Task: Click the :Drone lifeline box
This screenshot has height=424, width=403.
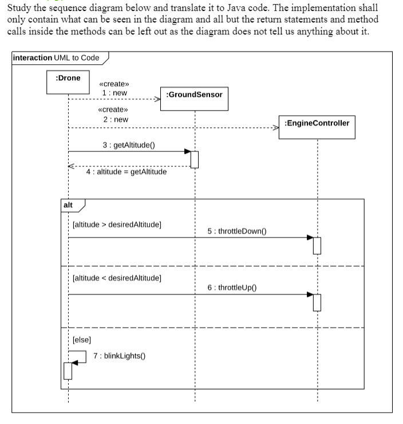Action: (x=68, y=81)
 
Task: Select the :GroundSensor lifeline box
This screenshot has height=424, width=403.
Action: (x=194, y=98)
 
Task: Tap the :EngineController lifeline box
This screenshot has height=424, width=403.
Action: (x=317, y=126)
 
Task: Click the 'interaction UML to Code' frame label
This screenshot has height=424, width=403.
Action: (x=56, y=58)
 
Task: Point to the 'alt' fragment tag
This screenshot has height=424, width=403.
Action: (x=68, y=205)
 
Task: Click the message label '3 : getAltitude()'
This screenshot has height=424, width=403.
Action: (x=128, y=145)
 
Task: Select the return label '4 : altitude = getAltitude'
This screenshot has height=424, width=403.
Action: (x=127, y=172)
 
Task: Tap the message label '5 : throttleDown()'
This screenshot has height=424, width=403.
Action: (x=237, y=232)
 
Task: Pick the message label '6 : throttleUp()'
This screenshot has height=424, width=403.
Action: (x=231, y=287)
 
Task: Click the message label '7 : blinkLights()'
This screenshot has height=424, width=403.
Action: (x=119, y=355)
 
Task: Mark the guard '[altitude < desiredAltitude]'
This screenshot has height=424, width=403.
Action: (x=117, y=278)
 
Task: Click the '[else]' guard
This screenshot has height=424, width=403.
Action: (x=82, y=339)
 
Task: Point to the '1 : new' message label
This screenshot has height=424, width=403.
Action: (x=114, y=92)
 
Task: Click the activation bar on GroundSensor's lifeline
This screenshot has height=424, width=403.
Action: (x=195, y=160)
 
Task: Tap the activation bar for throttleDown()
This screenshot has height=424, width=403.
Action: (x=317, y=245)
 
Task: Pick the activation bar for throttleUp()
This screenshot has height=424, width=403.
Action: (x=317, y=301)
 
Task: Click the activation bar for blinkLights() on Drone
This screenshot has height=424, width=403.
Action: (x=68, y=371)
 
